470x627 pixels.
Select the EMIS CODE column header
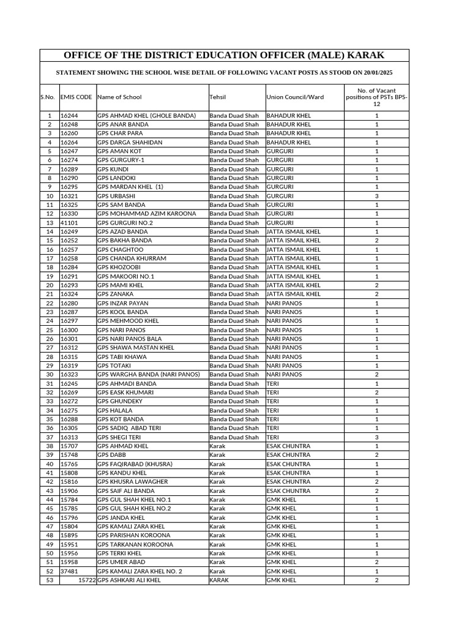click(x=76, y=97)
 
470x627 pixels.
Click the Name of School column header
click(x=119, y=97)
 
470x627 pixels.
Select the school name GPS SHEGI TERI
click(x=119, y=437)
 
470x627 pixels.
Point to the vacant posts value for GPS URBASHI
click(x=376, y=196)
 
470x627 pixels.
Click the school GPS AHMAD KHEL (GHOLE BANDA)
click(x=146, y=115)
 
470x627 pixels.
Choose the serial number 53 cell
click(x=50, y=580)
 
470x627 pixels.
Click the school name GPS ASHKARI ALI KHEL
click(x=129, y=580)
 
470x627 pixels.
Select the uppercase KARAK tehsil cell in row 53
click(x=219, y=580)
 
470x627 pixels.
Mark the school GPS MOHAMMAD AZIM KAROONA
click(x=147, y=214)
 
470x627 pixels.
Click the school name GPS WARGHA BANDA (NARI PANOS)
click(x=148, y=375)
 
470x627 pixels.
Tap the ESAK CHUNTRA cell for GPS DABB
click(x=288, y=455)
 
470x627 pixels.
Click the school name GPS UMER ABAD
click(x=121, y=562)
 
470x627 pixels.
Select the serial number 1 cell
click(x=50, y=115)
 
